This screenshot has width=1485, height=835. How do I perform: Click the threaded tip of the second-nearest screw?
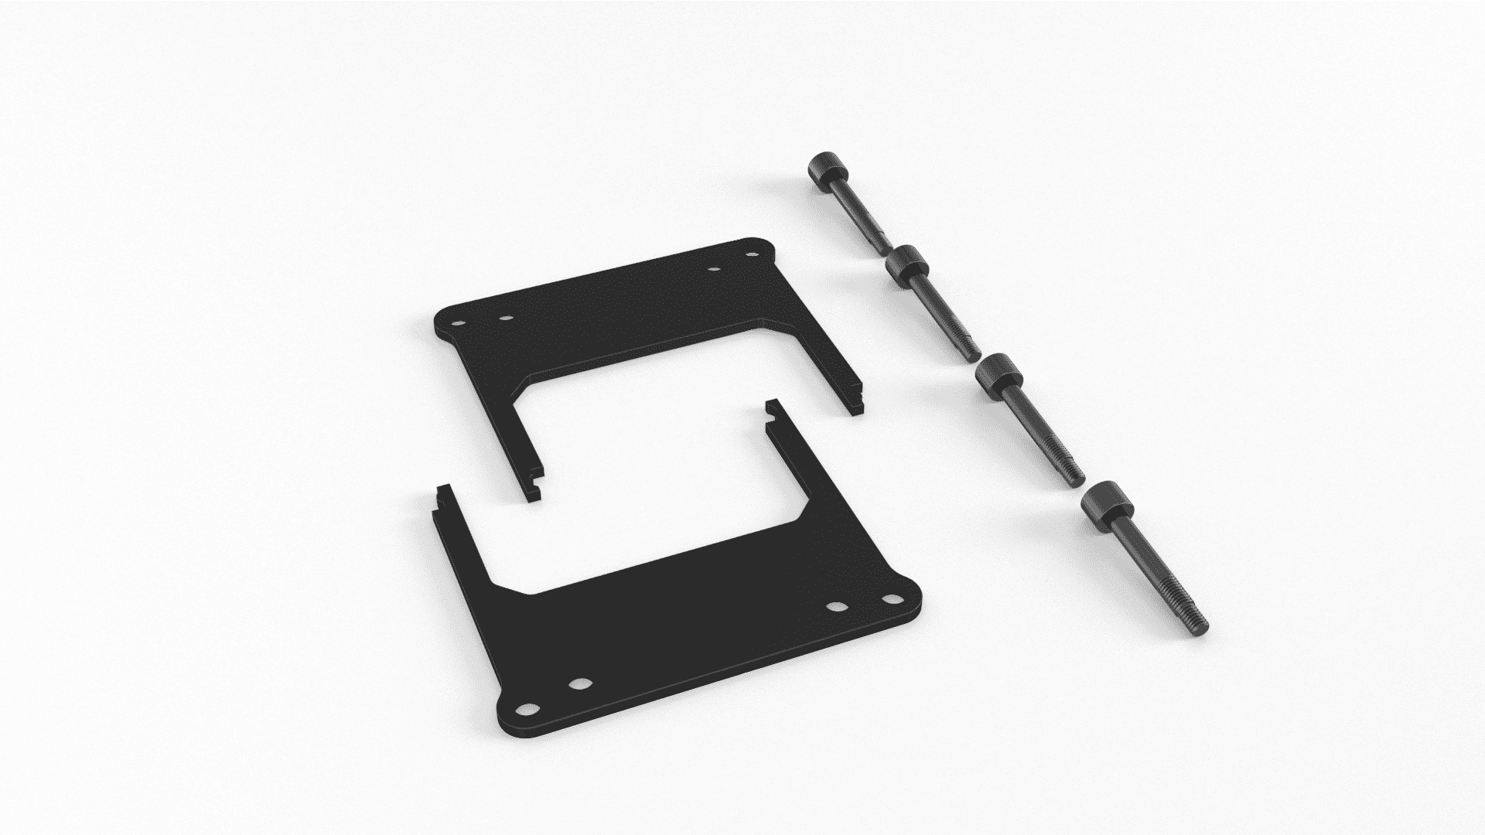click(x=1074, y=476)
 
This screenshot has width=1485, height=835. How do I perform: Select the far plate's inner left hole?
click(x=507, y=317)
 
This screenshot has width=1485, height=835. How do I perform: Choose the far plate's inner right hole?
click(x=714, y=270)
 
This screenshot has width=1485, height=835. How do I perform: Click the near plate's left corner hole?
click(x=528, y=709)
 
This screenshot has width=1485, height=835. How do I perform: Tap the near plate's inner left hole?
click(x=579, y=683)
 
